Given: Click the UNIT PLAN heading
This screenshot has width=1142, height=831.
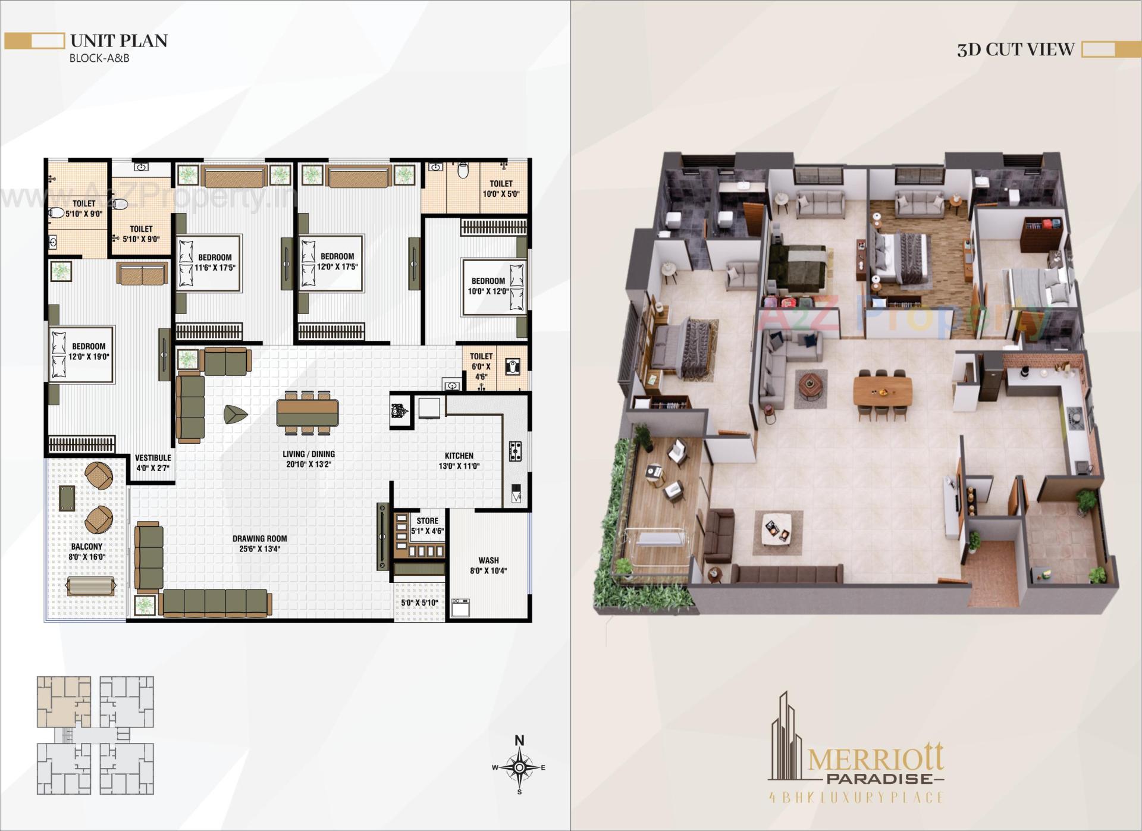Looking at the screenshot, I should click(x=119, y=41).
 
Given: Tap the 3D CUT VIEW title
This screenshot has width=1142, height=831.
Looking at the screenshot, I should click(x=1015, y=49).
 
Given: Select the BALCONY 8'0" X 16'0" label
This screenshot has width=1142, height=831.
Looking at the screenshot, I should click(x=87, y=551).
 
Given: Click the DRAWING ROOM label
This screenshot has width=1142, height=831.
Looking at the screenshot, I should click(x=260, y=544).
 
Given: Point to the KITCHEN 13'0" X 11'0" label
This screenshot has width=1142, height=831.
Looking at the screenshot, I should click(x=459, y=461).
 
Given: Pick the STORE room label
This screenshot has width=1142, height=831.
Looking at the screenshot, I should click(x=427, y=526).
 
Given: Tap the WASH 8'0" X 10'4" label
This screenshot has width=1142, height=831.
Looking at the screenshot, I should click(x=488, y=565).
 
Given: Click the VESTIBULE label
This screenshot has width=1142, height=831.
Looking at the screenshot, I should click(x=153, y=463).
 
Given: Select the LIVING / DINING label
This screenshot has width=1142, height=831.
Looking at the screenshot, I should click(x=308, y=459).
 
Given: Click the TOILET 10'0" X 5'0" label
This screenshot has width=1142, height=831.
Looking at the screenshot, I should click(x=501, y=189).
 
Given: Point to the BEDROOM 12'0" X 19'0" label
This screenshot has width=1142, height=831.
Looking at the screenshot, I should click(x=89, y=352).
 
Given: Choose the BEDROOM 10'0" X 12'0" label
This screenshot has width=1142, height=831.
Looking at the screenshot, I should click(x=488, y=286).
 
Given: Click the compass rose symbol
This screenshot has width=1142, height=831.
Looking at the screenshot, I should click(x=519, y=767).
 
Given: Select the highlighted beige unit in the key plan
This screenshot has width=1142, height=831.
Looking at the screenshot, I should click(x=64, y=701).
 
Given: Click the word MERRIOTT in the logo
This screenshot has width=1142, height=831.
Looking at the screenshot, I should click(x=875, y=761).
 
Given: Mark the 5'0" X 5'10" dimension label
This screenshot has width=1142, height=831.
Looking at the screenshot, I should click(x=419, y=603).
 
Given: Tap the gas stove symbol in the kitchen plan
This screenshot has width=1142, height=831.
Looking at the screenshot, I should click(x=515, y=451).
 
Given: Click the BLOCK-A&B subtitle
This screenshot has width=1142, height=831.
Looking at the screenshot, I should click(x=99, y=58).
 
